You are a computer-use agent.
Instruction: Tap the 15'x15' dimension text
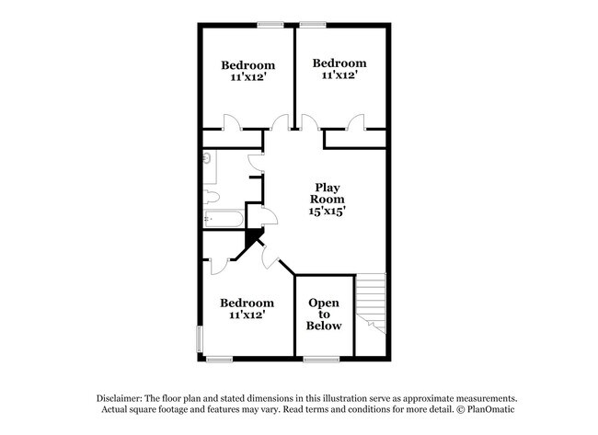(327, 211)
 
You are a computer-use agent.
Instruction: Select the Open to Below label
(324, 315)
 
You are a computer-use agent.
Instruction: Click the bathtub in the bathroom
(222, 220)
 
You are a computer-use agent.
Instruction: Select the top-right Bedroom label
(339, 63)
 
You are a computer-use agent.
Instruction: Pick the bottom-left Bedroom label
(247, 303)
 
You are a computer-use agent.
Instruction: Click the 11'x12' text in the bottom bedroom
(247, 315)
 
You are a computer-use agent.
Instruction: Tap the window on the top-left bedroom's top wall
(270, 25)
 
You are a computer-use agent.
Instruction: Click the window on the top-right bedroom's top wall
(313, 25)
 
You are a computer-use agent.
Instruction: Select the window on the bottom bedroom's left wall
(200, 337)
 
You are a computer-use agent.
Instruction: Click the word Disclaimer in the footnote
(123, 397)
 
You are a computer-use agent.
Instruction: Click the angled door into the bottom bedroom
(269, 258)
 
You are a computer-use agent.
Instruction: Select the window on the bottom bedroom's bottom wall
(219, 358)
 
